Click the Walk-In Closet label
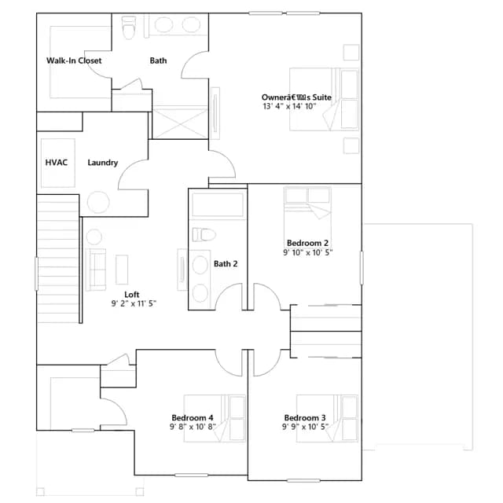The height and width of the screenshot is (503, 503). point(74,61)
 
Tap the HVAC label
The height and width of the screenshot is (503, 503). point(57,163)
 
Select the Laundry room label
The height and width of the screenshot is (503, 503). point(103,163)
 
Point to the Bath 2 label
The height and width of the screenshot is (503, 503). point(226,264)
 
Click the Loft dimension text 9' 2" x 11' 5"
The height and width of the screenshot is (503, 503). point(134,303)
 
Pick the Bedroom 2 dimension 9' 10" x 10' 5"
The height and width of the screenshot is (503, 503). point(307,252)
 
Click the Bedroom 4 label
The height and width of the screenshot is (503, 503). point(192,417)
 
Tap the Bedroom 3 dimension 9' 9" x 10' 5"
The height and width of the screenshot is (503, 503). point(306,427)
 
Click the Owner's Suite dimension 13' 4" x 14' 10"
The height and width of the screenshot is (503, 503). point(290,106)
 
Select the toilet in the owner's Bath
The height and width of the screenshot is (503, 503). point(129,28)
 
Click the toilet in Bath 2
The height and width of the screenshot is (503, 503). point(204,235)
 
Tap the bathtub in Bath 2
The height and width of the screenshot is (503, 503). point(218,204)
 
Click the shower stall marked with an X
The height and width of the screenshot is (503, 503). point(180,123)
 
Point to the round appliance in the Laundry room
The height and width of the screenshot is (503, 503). point(98,202)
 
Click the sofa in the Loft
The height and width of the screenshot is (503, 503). point(96,270)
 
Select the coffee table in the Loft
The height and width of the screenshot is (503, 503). point(122,270)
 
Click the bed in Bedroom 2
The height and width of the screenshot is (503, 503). point(307,213)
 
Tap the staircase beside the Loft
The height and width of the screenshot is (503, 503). point(58,259)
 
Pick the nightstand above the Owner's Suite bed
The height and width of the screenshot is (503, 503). point(351,53)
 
